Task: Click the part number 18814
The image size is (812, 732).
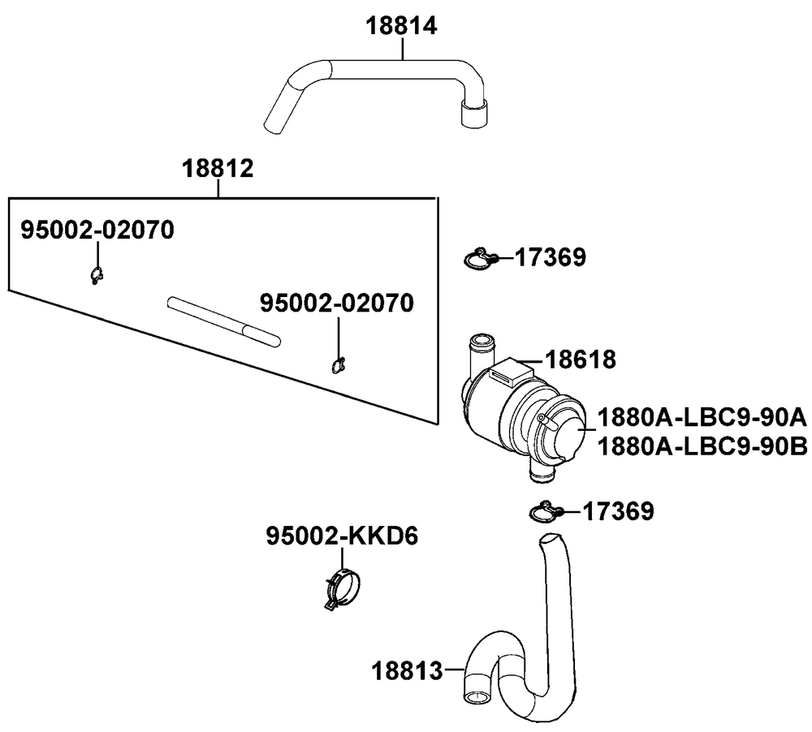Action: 401,26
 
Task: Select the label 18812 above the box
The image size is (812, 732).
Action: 218,169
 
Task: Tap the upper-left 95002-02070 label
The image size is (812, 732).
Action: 97,230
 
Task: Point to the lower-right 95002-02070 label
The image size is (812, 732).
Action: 337,304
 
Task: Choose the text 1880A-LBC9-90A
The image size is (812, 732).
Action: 702,417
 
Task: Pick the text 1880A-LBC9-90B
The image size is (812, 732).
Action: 702,447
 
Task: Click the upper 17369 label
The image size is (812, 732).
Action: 551,257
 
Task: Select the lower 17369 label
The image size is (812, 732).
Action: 619,511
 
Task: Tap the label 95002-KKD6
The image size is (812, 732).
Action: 343,536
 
